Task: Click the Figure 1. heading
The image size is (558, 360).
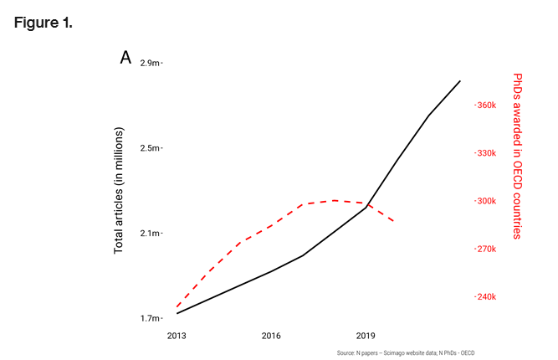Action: pyautogui.click(x=44, y=23)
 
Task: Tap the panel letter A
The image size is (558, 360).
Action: pyautogui.click(x=125, y=58)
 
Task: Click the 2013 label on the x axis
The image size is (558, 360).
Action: pyautogui.click(x=177, y=336)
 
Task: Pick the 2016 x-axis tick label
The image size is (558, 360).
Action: pyautogui.click(x=271, y=336)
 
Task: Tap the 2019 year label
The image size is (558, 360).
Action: pyautogui.click(x=366, y=336)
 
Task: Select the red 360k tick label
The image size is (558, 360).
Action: pyautogui.click(x=486, y=105)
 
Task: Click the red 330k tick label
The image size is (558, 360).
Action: pyautogui.click(x=486, y=153)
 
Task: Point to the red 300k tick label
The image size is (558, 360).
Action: pyautogui.click(x=486, y=201)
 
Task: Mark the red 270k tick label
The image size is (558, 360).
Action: pyautogui.click(x=486, y=249)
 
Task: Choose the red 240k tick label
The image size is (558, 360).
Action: pyautogui.click(x=486, y=296)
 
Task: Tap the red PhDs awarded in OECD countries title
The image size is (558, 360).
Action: pyautogui.click(x=516, y=155)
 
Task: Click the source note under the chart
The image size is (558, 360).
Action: pyautogui.click(x=399, y=352)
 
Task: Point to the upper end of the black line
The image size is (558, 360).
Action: pyautogui.click(x=460, y=81)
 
